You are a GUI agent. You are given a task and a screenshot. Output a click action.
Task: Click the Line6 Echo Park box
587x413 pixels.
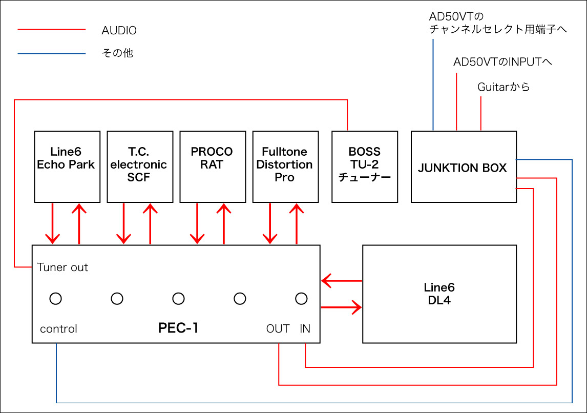(x=66, y=167)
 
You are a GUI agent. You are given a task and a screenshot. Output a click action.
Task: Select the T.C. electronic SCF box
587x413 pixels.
(x=139, y=167)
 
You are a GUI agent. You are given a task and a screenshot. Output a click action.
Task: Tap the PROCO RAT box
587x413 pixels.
(x=212, y=167)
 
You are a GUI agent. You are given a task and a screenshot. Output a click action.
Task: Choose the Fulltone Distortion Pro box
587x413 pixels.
(x=284, y=167)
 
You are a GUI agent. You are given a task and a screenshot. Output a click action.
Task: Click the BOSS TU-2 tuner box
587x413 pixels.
(x=365, y=167)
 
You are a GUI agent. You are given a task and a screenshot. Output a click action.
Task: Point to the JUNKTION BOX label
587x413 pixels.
(x=463, y=168)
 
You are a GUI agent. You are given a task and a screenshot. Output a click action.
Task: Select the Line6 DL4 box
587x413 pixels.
(x=439, y=294)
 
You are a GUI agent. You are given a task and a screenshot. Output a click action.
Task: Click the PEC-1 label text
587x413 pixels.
(x=178, y=328)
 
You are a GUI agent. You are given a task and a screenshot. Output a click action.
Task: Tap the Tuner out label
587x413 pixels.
(x=63, y=267)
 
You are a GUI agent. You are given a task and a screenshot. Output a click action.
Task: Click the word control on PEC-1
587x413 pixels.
(x=59, y=329)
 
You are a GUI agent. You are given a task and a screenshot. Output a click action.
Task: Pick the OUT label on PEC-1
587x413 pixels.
(x=278, y=329)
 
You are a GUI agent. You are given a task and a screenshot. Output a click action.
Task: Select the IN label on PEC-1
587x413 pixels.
(x=305, y=329)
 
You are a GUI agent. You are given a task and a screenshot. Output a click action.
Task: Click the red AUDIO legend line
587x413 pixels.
(x=51, y=30)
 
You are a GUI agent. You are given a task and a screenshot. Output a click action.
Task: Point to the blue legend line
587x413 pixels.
(x=51, y=53)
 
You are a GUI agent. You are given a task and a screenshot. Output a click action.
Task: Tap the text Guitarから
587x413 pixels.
(x=504, y=87)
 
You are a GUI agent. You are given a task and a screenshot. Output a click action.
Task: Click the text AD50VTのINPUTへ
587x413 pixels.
(x=502, y=62)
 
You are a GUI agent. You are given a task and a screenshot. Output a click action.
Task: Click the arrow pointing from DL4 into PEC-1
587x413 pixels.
(x=341, y=281)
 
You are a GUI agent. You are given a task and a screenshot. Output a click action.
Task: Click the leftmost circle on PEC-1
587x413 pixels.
(x=55, y=298)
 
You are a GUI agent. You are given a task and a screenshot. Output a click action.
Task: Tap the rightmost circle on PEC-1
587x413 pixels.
(x=301, y=298)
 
